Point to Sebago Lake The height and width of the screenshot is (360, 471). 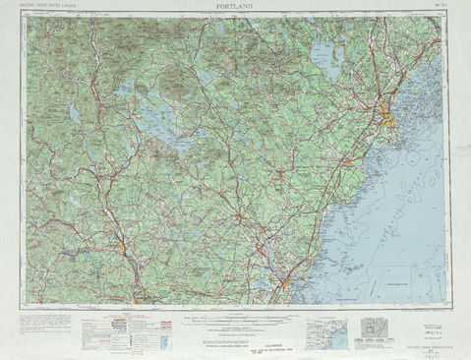pyautogui.click(x=324, y=61)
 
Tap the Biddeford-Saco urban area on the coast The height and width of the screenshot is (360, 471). pyautogui.click(x=347, y=161)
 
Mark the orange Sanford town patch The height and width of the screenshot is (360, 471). pyautogui.click(x=280, y=176)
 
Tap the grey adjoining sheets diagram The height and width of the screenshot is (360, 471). pyautogui.click(x=371, y=329)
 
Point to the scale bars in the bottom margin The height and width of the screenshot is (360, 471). pyautogui.click(x=236, y=317)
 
